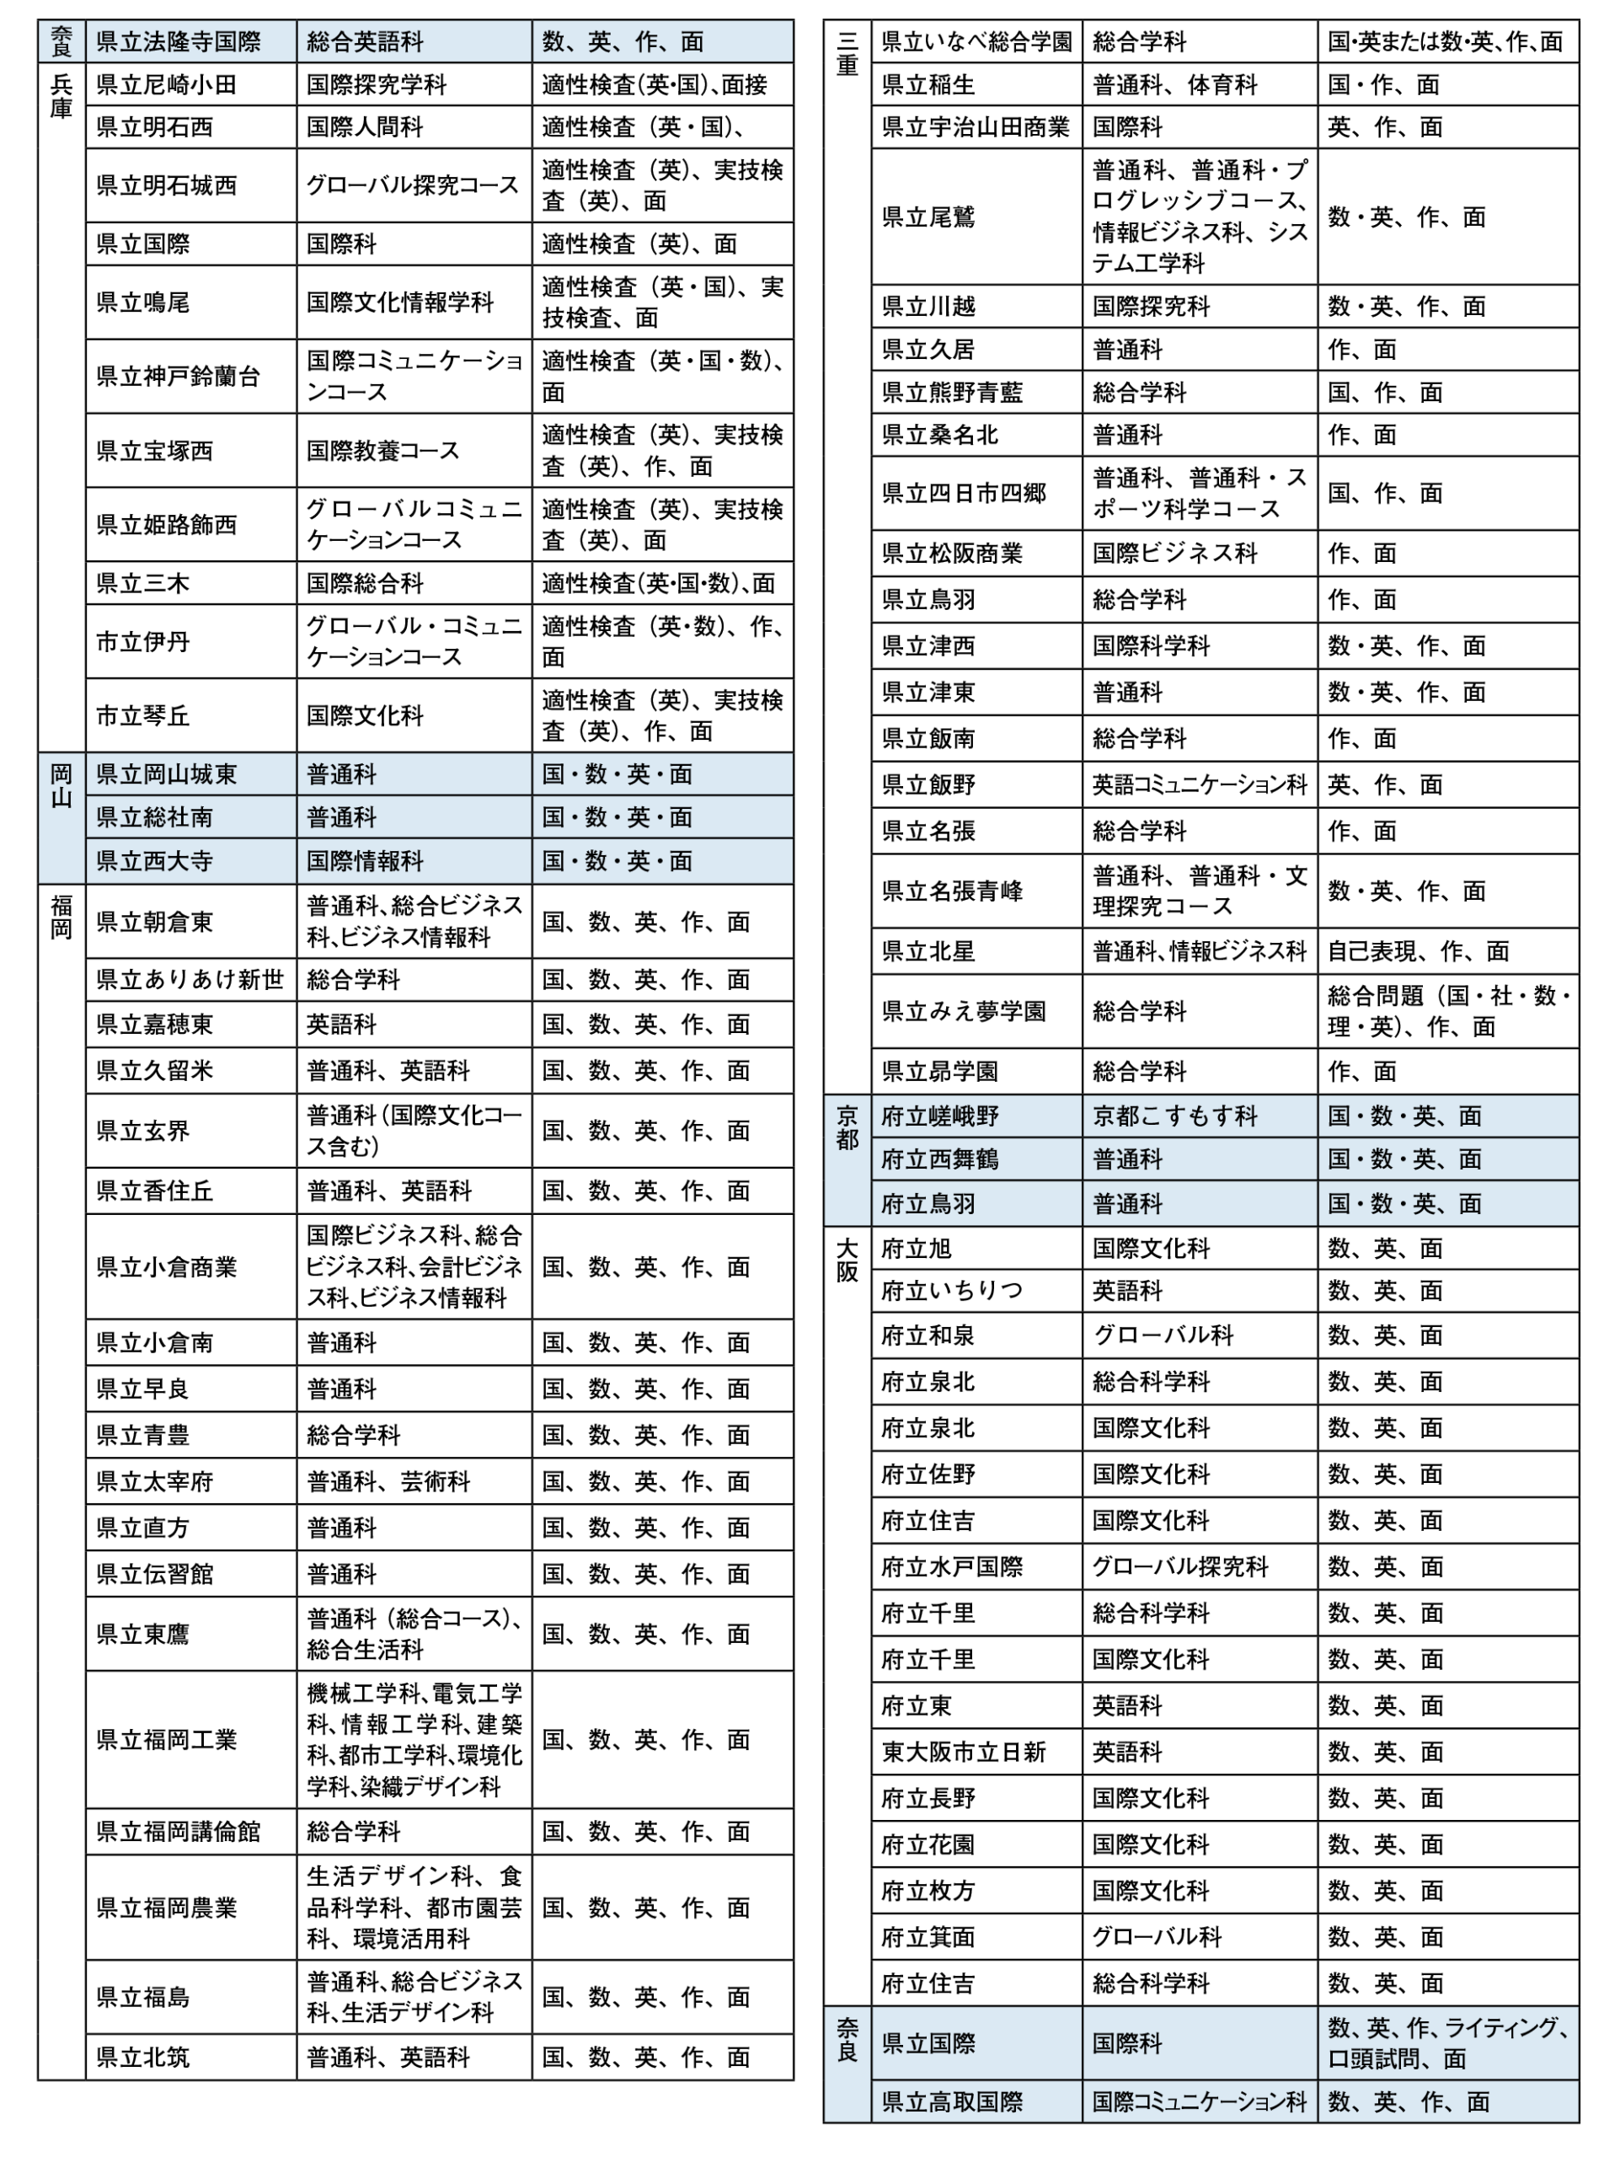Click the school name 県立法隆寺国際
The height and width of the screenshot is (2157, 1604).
[179, 42]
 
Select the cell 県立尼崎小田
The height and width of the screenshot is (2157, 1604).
[166, 85]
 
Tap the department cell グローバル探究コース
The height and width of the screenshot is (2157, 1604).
[414, 185]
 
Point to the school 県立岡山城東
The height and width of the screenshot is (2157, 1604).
[166, 774]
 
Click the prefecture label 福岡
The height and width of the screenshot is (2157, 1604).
[61, 918]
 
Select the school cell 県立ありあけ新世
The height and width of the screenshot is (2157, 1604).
[190, 980]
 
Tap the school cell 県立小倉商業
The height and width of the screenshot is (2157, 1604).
[166, 1266]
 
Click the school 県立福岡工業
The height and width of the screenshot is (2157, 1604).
[166, 1739]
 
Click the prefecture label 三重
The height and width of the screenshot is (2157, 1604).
[847, 53]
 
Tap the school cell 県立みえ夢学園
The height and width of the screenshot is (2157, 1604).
[963, 1011]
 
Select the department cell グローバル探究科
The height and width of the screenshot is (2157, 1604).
[1179, 1566]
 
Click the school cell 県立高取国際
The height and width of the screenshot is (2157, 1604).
[951, 2102]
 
